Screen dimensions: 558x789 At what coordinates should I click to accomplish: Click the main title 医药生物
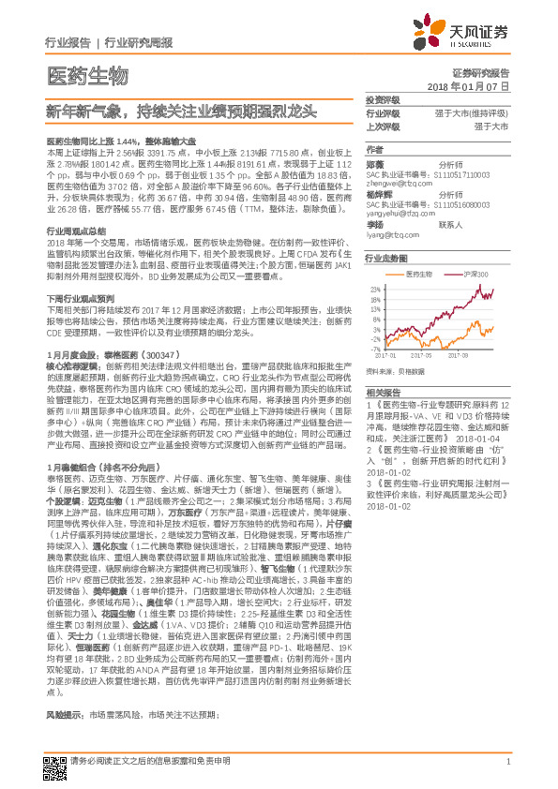coord(86,74)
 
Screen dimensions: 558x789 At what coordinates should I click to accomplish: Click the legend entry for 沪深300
coord(478,274)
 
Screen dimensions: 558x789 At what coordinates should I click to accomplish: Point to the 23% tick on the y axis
coord(375,290)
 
